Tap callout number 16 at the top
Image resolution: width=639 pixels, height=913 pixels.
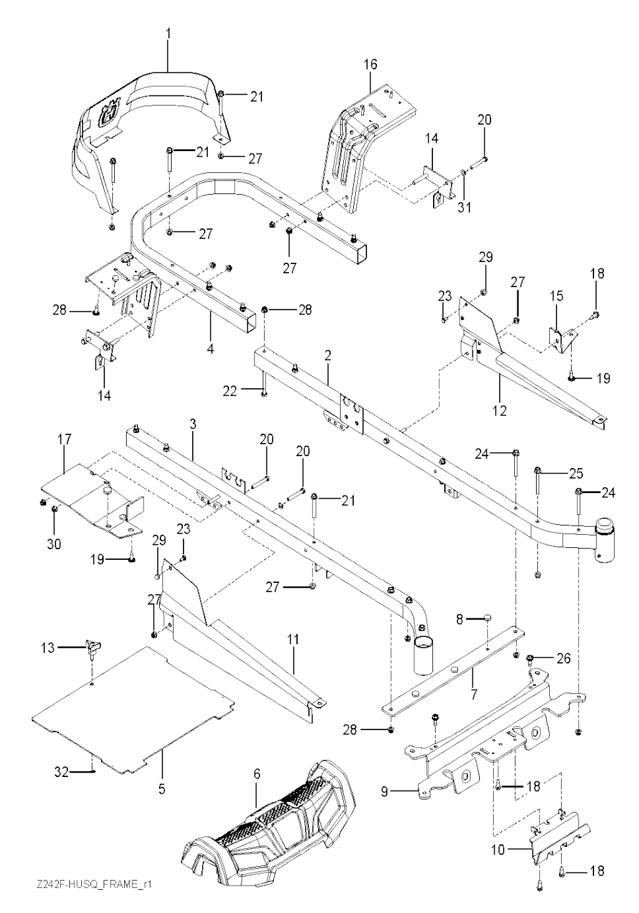(370, 64)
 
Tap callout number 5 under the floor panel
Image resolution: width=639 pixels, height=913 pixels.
(162, 788)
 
